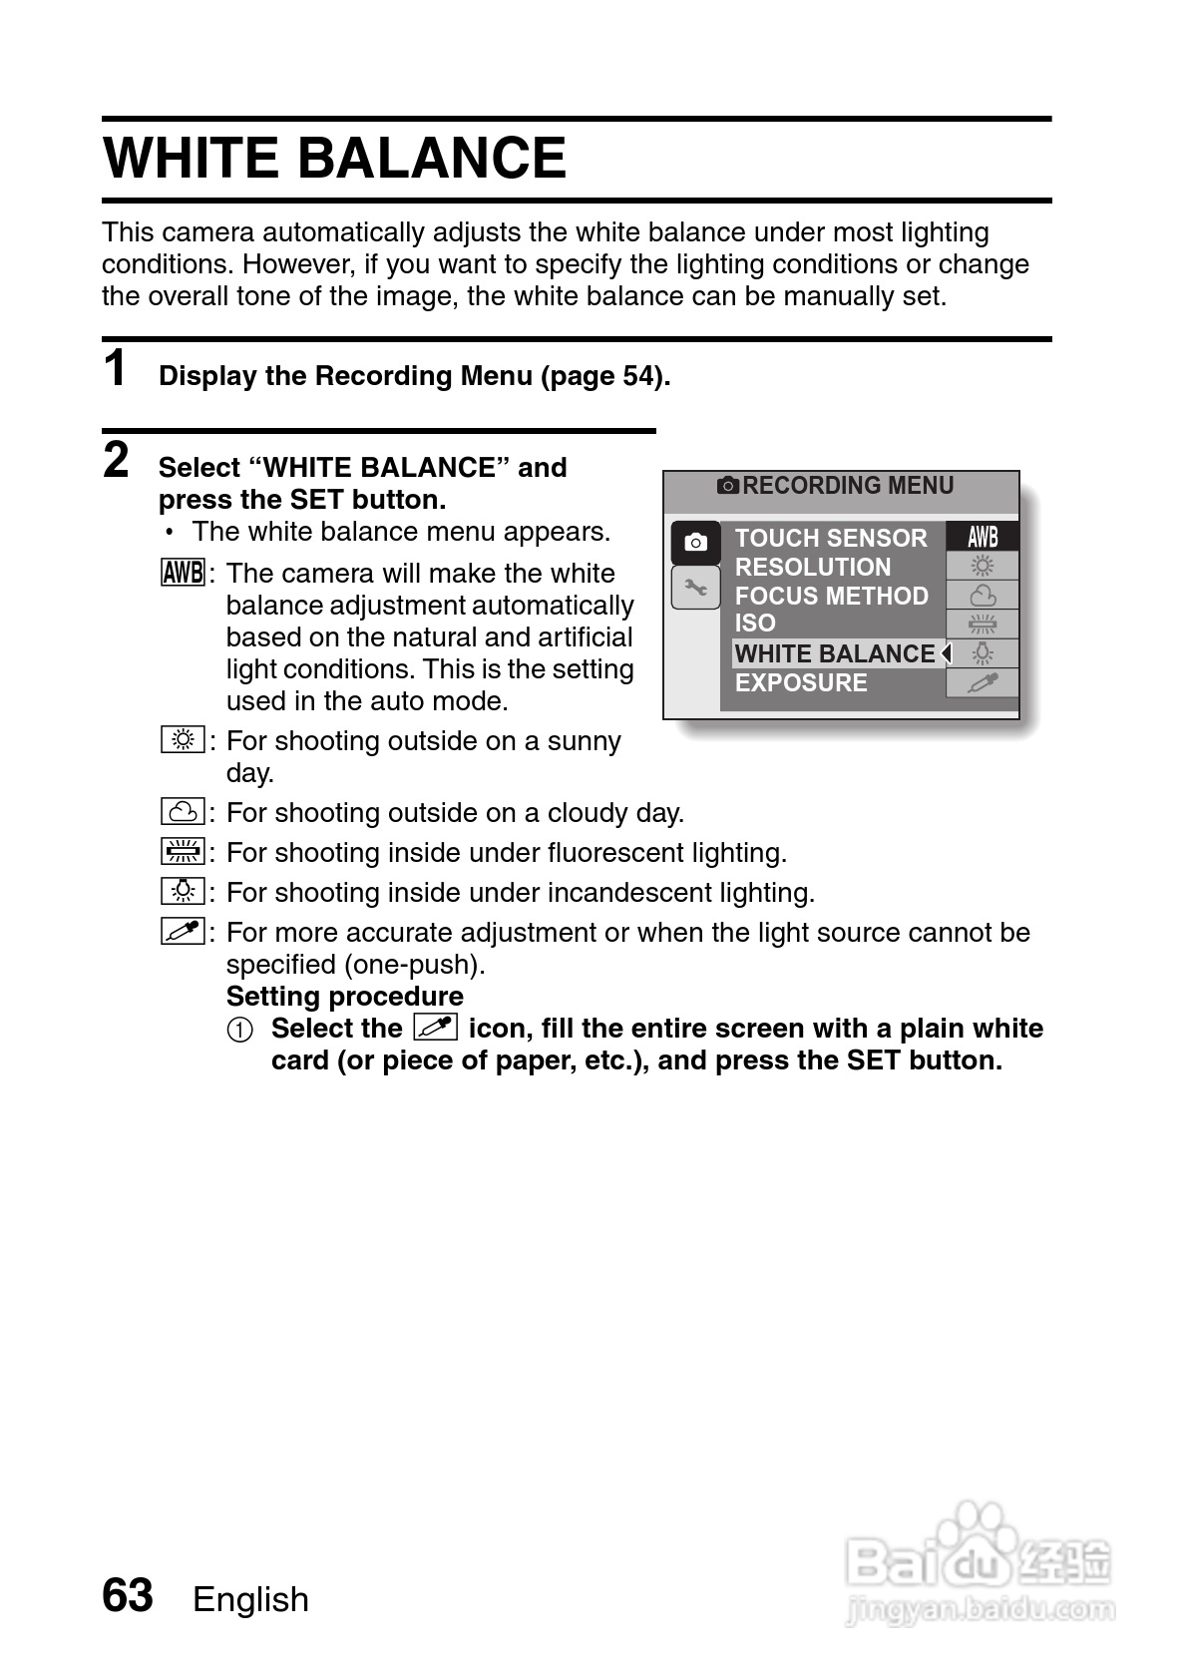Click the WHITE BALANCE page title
tap(335, 158)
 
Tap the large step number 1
tap(117, 368)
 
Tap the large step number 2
tap(117, 460)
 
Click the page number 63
tap(128, 1595)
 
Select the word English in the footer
tap(250, 1599)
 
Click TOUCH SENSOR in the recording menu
tap(830, 538)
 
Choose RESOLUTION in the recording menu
tap(812, 567)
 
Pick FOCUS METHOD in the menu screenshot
tap(831, 596)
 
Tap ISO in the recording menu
tap(755, 624)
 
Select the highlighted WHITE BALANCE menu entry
tap(835, 653)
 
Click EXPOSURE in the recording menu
tap(801, 683)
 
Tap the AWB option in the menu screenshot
tap(983, 537)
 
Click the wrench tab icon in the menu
tap(695, 589)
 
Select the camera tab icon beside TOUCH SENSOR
tap(695, 542)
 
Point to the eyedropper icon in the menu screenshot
tap(983, 683)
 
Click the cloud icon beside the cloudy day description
tap(183, 811)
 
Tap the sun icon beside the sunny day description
tap(183, 740)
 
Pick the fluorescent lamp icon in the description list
tap(183, 851)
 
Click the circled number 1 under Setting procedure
tap(239, 1029)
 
